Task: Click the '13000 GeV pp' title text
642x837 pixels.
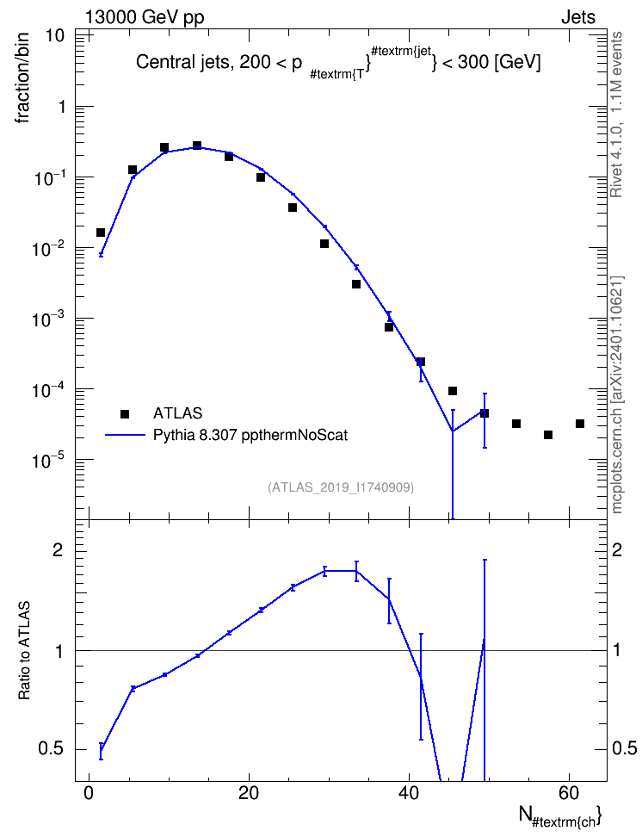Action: (145, 17)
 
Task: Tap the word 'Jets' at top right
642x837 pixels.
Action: (578, 17)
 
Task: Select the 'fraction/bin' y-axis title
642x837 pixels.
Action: (22, 78)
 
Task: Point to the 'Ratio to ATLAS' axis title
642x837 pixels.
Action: (23, 651)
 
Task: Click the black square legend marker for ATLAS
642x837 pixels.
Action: (125, 413)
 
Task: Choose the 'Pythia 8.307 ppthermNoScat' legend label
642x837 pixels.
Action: (250, 436)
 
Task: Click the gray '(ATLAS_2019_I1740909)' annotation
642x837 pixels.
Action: (341, 487)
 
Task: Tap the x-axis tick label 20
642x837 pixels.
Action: (249, 793)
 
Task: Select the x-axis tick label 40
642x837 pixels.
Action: (409, 793)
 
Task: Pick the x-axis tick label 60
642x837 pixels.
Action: (569, 793)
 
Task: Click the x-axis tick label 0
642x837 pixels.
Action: (89, 793)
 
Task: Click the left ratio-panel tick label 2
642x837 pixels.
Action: (57, 550)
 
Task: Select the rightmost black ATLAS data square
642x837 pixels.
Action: (579, 424)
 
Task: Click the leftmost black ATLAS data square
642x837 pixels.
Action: (101, 232)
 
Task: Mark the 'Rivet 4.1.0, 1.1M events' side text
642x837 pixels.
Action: (616, 115)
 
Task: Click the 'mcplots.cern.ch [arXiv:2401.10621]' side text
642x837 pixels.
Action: (617, 394)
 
